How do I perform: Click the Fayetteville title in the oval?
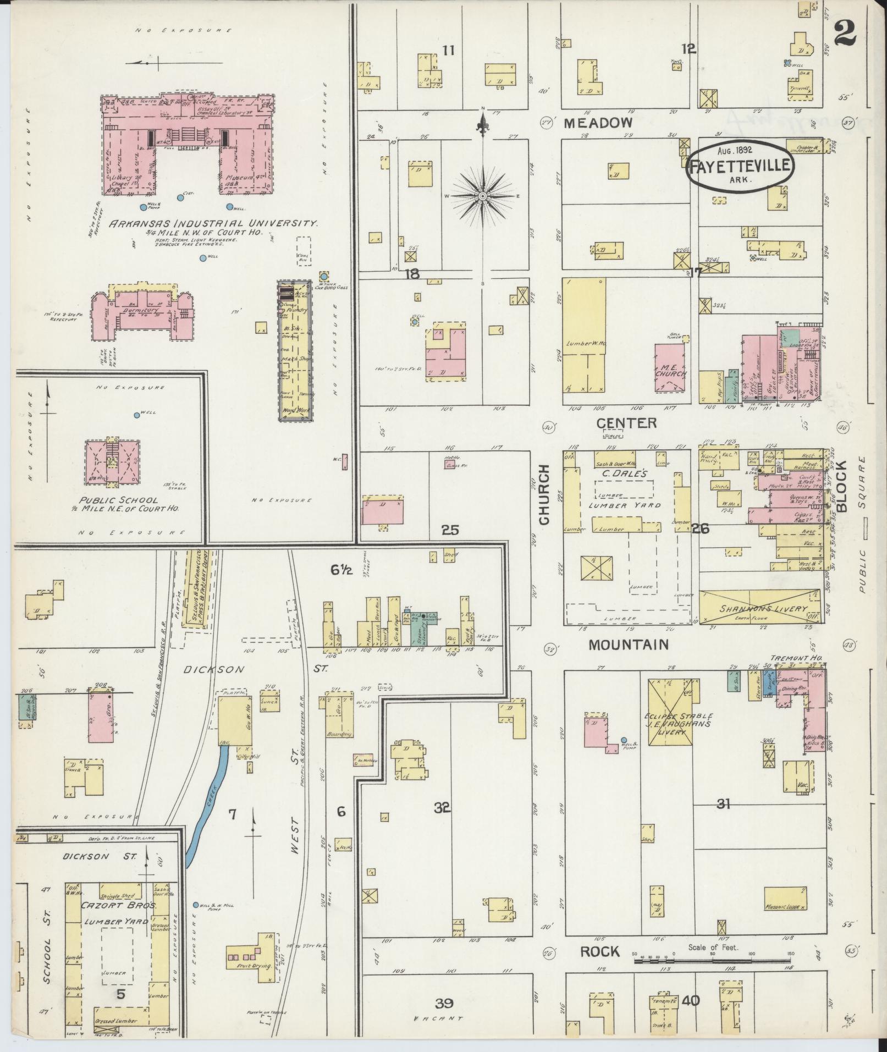point(740,165)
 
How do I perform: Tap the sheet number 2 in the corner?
point(845,34)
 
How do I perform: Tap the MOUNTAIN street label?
point(629,645)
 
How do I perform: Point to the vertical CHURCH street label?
point(544,495)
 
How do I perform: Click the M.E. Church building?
point(670,368)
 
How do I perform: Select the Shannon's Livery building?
point(762,608)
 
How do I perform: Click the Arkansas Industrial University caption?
point(213,224)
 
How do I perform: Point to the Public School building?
point(112,462)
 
